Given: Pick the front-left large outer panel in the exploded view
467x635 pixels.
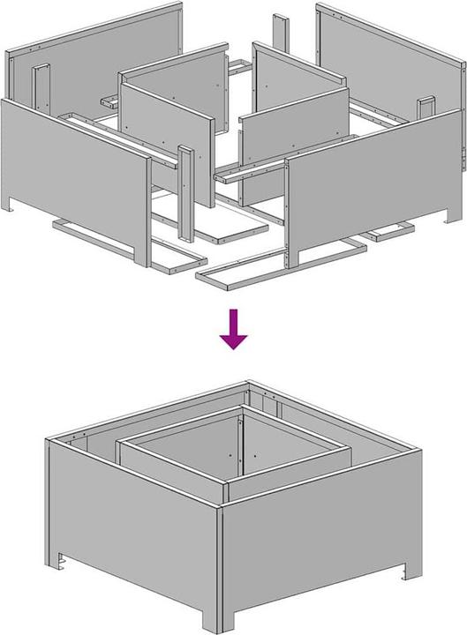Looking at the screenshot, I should pos(75,168).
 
